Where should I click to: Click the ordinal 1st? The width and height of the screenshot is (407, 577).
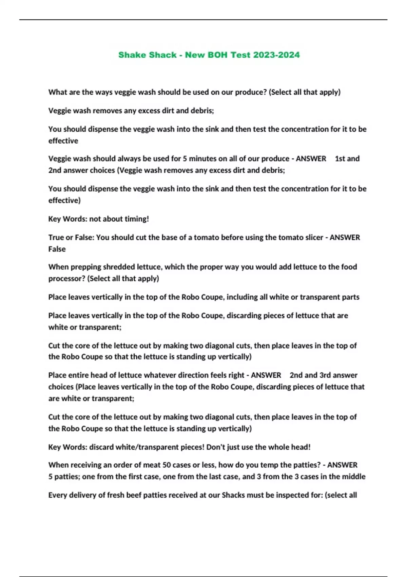tap(340, 159)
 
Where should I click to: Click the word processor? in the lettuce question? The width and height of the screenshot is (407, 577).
tap(66, 279)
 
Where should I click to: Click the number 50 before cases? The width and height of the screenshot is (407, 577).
tap(167, 465)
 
